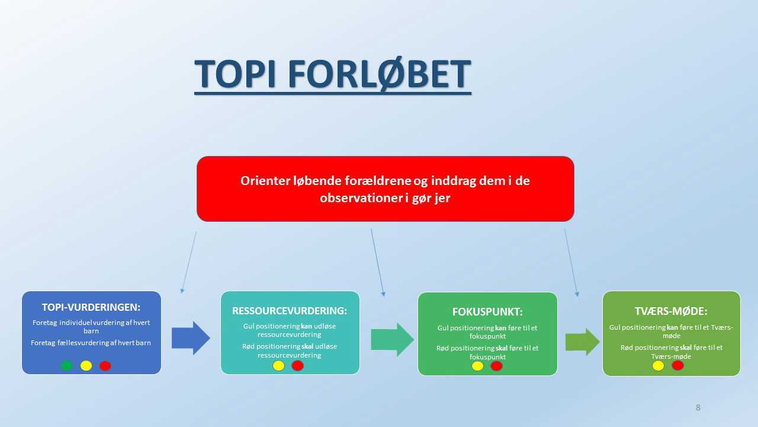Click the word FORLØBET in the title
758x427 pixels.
click(380, 74)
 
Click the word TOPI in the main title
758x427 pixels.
click(235, 74)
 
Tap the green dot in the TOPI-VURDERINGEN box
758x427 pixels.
click(67, 366)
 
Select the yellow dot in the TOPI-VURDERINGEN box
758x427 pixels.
click(86, 366)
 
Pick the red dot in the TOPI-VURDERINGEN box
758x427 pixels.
click(105, 366)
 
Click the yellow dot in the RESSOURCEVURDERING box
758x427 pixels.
click(278, 366)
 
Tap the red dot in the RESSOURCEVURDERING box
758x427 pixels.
click(298, 366)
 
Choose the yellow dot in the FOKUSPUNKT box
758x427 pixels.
click(477, 366)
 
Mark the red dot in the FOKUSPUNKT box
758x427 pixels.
click(496, 366)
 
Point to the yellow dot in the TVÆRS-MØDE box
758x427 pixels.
click(658, 366)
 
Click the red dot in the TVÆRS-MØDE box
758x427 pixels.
click(678, 365)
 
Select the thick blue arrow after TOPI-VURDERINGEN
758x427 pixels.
click(191, 338)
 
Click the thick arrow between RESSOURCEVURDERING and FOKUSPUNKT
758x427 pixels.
click(392, 339)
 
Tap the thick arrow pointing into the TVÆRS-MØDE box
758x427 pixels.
click(582, 342)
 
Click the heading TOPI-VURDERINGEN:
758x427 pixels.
click(91, 307)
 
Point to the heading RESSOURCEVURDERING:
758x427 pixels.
click(290, 311)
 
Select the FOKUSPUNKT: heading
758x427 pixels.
click(487, 312)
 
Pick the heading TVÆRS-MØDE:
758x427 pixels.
click(671, 311)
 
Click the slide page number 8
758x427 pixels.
click(698, 407)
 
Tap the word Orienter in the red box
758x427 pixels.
click(265, 181)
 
